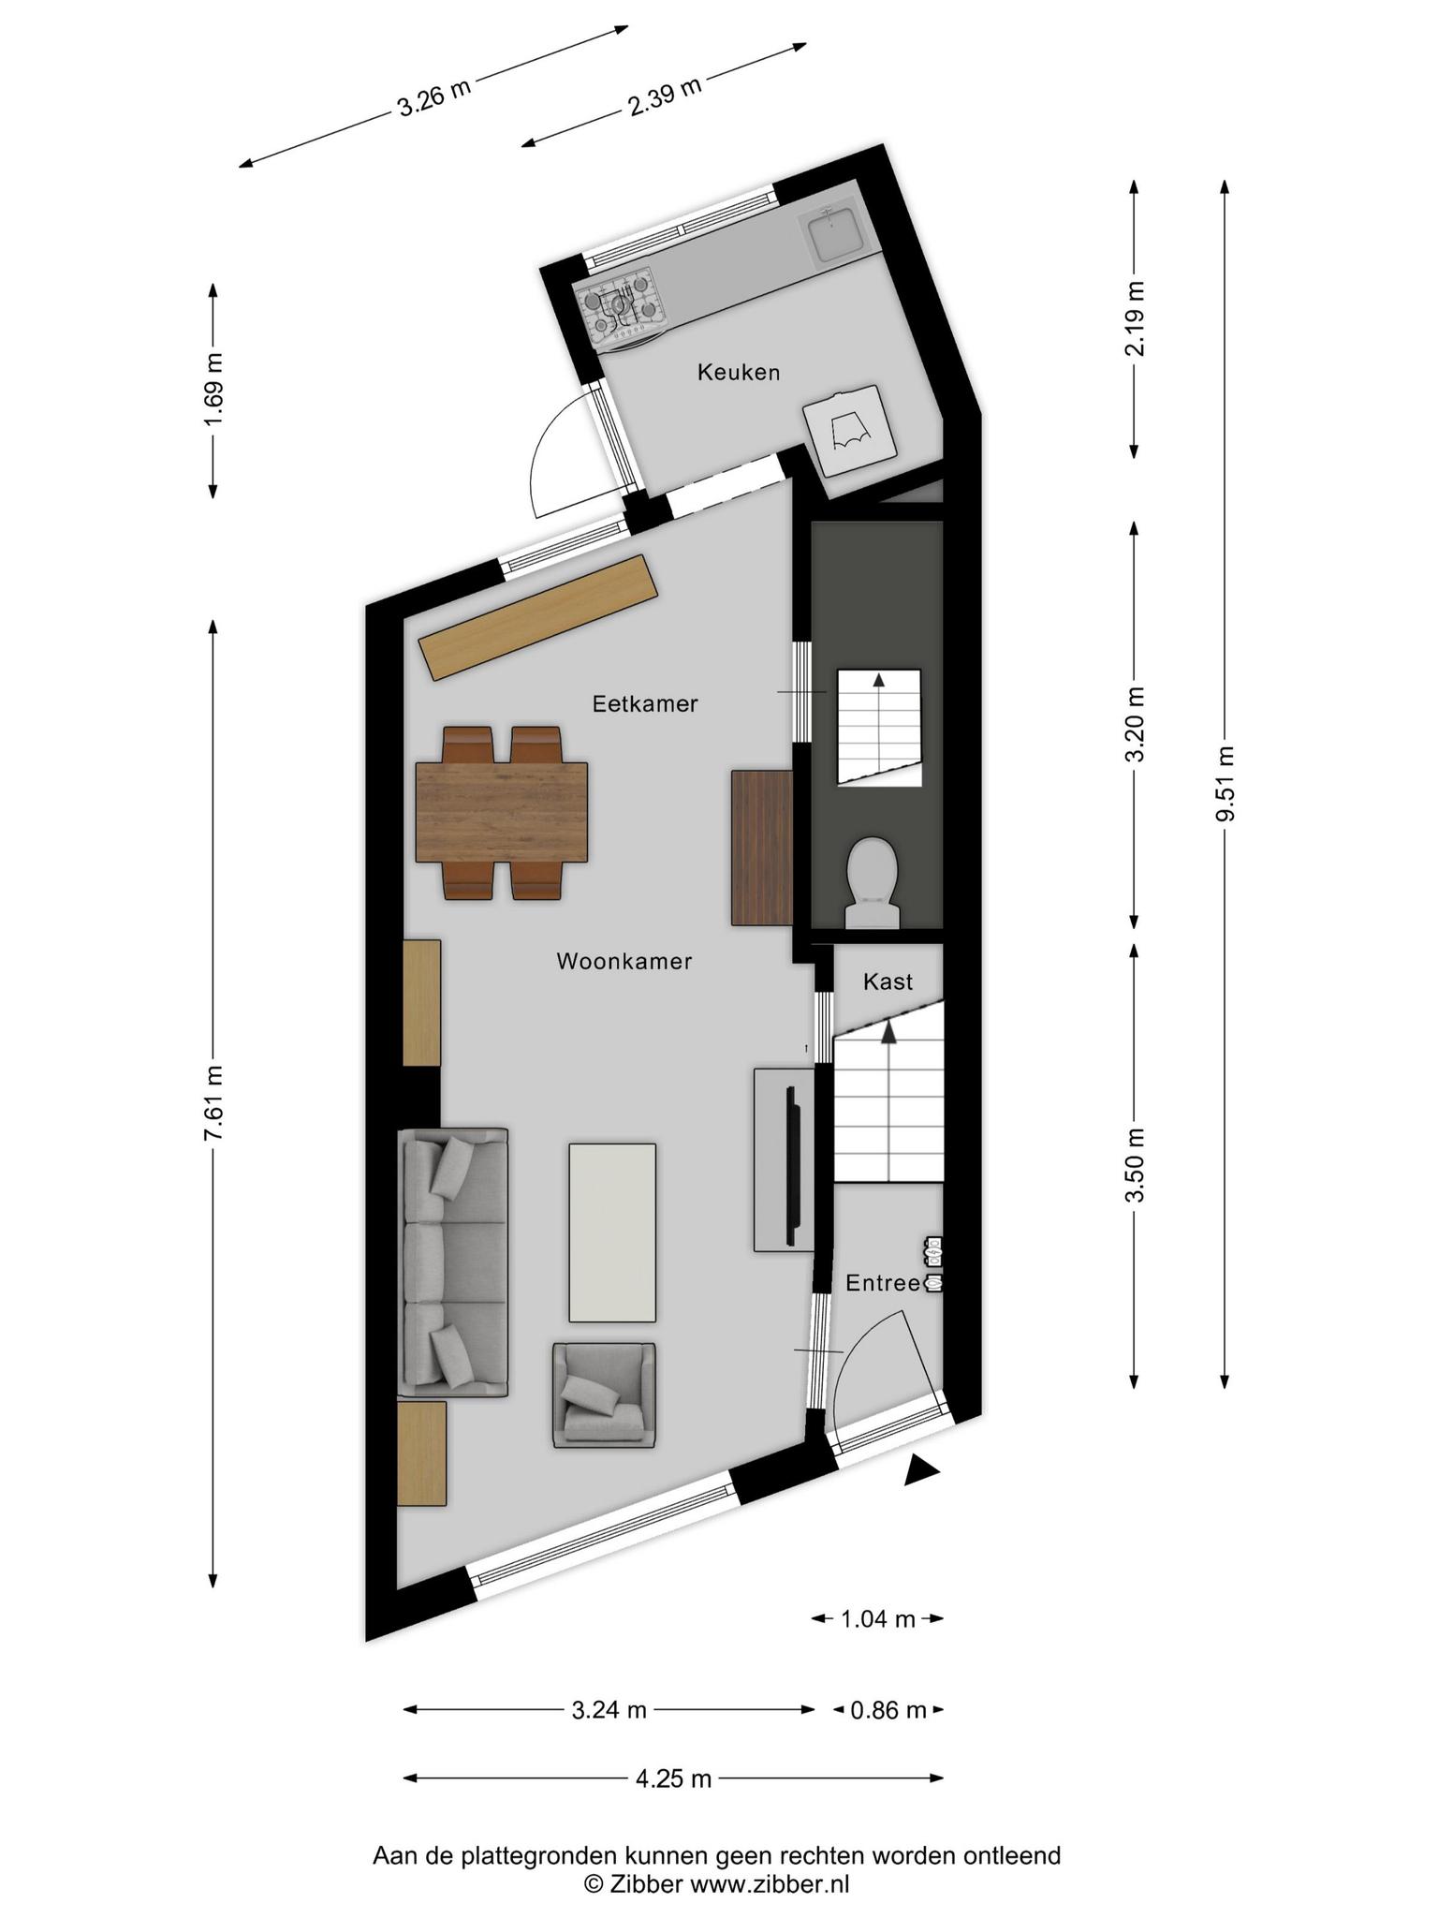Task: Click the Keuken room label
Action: point(739,373)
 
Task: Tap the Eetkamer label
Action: point(645,703)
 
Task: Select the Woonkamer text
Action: point(624,961)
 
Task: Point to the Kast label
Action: point(888,981)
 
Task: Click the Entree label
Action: point(883,1283)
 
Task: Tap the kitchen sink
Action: point(834,233)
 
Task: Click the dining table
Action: point(502,811)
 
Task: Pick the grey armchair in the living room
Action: point(604,1395)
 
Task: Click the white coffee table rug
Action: point(612,1232)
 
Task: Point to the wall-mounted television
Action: point(793,1166)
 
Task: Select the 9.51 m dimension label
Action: point(1225,783)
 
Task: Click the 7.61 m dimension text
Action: point(213,1104)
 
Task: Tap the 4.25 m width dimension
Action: point(674,1778)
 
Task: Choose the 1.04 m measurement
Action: point(877,1618)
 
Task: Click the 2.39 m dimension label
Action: point(665,96)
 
